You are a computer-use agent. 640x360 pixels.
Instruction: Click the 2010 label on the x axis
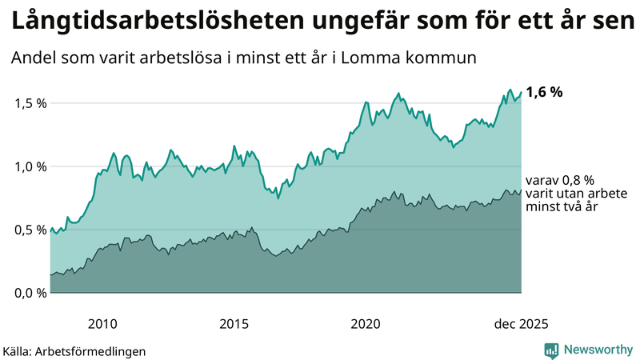click(x=102, y=324)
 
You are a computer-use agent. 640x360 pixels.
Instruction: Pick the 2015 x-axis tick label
click(x=234, y=324)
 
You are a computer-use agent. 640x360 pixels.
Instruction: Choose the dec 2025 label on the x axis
click(x=521, y=324)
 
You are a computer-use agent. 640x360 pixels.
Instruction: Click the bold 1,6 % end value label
click(x=544, y=92)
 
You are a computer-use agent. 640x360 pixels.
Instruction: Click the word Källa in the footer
click(x=18, y=350)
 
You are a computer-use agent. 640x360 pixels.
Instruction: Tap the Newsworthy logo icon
click(x=551, y=350)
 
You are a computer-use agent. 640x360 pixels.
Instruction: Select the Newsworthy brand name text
click(x=597, y=350)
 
